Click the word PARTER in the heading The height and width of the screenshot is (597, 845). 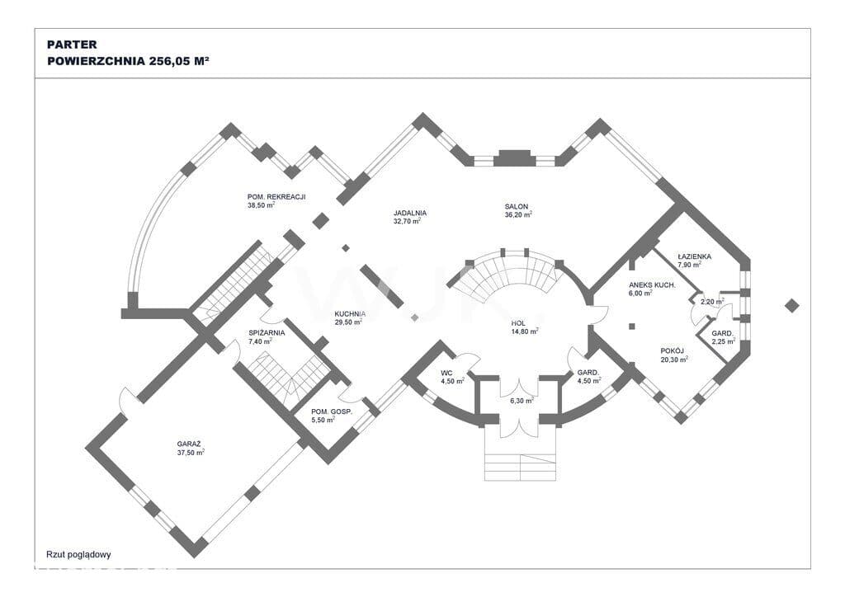[72, 45]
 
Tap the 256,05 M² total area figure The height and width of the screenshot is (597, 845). [179, 61]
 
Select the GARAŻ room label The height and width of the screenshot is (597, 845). [189, 444]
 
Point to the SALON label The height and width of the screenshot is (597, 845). [517, 206]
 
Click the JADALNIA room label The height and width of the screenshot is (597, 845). [410, 213]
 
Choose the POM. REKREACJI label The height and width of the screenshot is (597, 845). [276, 197]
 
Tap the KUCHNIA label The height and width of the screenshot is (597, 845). [350, 314]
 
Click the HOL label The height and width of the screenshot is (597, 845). [518, 323]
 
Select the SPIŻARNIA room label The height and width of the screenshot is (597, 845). [267, 332]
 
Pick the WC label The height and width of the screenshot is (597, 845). [446, 373]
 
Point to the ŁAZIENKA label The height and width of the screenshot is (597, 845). [695, 256]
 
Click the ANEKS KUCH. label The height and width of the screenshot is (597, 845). [652, 284]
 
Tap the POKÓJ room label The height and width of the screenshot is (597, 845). [672, 350]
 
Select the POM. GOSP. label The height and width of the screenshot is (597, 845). [332, 411]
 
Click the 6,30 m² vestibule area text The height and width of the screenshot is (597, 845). [522, 401]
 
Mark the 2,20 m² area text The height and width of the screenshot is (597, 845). [712, 302]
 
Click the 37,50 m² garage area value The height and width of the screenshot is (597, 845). [191, 453]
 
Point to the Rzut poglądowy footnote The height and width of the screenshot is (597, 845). [78, 554]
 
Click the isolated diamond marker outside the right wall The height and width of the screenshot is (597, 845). [791, 306]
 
